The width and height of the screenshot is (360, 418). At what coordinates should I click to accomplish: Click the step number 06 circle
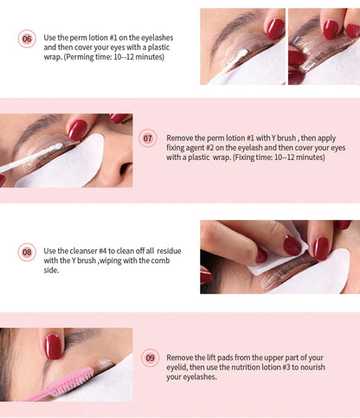point(27,39)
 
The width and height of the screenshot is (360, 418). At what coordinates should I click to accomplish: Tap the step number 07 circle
point(148,138)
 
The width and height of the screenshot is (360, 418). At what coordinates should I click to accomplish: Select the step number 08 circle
point(27,253)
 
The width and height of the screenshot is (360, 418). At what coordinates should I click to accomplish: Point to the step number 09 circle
point(151,357)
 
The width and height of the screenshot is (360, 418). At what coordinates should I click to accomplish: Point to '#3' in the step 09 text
point(296,366)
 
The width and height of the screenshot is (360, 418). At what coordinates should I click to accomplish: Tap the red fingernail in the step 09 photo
point(54,346)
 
